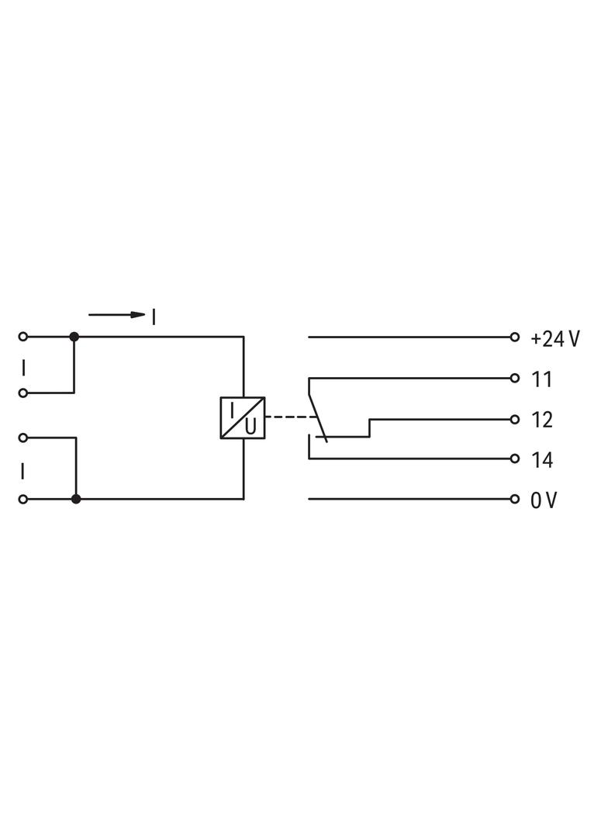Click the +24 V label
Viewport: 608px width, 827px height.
point(554,338)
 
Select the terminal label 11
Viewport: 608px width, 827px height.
point(541,379)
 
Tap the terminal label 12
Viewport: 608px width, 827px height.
point(541,420)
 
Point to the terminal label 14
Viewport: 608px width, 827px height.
point(541,460)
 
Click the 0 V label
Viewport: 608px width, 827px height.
point(543,500)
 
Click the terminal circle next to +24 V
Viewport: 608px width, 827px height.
point(515,337)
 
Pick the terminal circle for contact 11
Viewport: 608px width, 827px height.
point(515,378)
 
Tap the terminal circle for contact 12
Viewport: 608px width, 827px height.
point(515,419)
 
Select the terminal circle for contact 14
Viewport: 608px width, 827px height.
point(515,458)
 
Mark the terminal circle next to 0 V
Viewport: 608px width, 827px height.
point(515,499)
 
